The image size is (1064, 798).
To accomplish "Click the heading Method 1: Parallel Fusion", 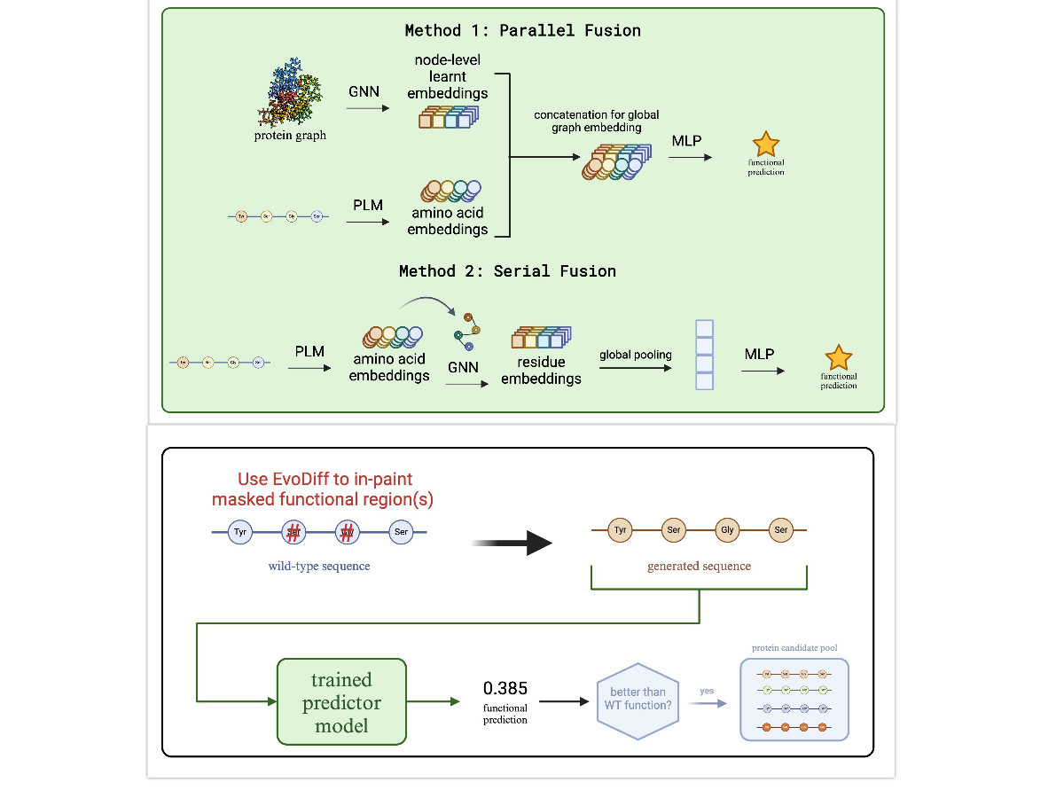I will tap(522, 30).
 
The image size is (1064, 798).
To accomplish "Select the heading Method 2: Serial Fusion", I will tap(507, 270).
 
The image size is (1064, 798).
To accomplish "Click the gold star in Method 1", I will tap(765, 145).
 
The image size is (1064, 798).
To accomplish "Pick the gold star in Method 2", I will tap(838, 357).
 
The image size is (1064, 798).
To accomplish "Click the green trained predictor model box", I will tap(341, 701).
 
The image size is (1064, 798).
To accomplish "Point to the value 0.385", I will tap(505, 688).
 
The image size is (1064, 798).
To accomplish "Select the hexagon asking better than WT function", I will tap(638, 701).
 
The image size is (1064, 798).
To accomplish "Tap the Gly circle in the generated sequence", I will tap(728, 530).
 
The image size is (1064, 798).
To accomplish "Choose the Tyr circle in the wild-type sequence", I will tap(239, 532).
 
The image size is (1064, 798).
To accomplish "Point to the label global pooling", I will tap(635, 355).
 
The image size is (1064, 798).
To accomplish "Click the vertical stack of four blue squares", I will tap(704, 356).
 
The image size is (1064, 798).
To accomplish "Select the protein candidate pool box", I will tap(794, 700).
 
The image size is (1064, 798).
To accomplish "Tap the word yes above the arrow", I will tap(707, 691).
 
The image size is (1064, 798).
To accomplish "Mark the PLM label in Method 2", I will tap(309, 352).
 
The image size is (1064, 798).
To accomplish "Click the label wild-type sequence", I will tap(319, 566).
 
